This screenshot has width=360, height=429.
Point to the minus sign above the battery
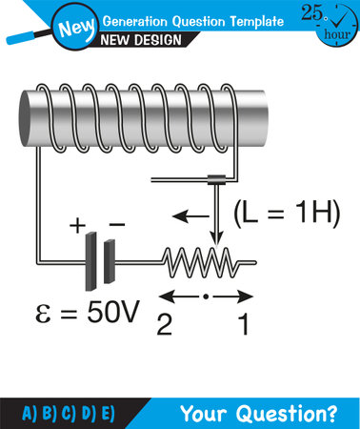(116, 225)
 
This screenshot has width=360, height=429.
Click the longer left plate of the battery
(91, 259)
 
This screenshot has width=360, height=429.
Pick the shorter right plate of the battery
(110, 259)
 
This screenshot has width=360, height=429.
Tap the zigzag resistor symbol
(207, 258)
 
